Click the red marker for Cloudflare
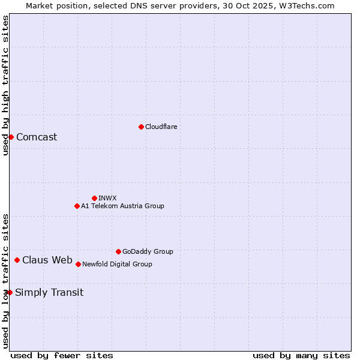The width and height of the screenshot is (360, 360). [x=141, y=127]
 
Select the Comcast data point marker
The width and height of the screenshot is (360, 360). [x=11, y=137]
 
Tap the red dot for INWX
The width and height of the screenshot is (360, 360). [x=94, y=198]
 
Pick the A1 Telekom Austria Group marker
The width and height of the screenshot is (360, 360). [x=77, y=206]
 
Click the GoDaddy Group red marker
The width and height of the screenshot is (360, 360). [x=118, y=251]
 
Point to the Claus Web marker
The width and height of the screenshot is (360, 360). [x=17, y=260]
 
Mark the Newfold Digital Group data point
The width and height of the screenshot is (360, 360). [x=78, y=264]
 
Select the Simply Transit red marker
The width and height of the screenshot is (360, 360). [x=10, y=292]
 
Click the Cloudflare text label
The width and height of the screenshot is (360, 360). [x=161, y=127]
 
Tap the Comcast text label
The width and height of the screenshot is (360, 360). [x=37, y=137]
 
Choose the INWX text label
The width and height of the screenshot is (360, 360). [x=107, y=198]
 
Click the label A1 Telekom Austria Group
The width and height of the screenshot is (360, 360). [x=122, y=206]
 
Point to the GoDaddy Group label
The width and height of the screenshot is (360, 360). [x=148, y=251]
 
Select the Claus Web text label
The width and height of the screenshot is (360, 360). [x=47, y=260]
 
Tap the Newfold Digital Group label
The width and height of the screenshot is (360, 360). [x=117, y=264]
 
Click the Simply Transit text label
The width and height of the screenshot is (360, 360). [x=49, y=292]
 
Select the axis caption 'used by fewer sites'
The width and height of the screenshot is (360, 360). [x=62, y=355]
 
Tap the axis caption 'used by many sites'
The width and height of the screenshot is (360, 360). [x=301, y=355]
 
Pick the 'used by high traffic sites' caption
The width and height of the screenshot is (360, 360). [x=5, y=85]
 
